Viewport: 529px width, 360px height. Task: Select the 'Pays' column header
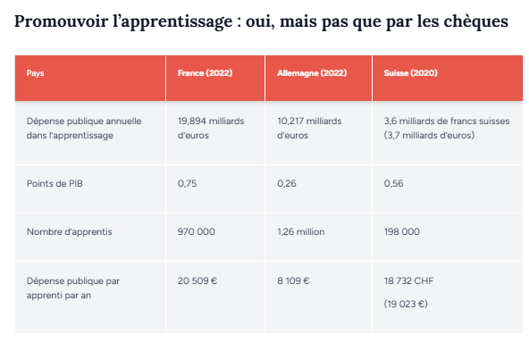point(35,73)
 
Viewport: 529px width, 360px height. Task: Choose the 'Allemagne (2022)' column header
point(312,73)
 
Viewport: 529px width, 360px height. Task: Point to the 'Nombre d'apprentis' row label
point(69,231)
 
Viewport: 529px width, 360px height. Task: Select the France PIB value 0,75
point(187,183)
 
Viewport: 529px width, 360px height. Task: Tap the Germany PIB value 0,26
point(287,183)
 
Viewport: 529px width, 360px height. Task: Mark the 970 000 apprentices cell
point(197,231)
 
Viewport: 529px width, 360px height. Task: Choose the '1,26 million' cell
point(301,231)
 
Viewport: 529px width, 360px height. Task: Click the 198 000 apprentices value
point(401,231)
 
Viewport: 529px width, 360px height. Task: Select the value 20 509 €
point(197,280)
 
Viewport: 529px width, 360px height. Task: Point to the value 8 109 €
point(293,280)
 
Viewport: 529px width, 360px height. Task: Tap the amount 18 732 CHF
point(408,280)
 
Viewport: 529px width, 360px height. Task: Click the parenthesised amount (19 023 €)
point(406,304)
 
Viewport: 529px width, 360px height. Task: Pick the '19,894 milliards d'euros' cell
point(211,127)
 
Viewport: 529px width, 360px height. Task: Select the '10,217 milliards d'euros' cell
point(311,127)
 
